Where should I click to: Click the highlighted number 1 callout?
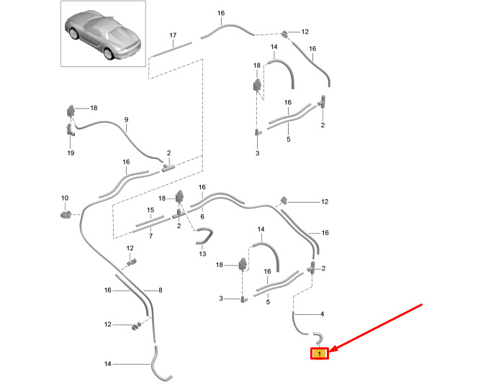pyautogui.click(x=319, y=353)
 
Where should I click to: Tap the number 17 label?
pyautogui.click(x=173, y=35)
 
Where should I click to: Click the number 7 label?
pyautogui.click(x=150, y=236)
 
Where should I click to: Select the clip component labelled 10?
pyautogui.click(x=66, y=213)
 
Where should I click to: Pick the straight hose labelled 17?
pyautogui.click(x=173, y=49)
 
